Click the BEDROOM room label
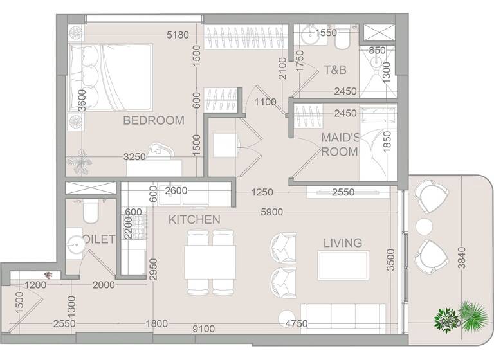point(154,120)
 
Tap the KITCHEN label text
point(194,220)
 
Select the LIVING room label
point(342,243)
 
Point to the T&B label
point(334,69)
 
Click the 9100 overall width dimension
point(205,329)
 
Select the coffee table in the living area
point(343,265)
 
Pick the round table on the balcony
point(425,227)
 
